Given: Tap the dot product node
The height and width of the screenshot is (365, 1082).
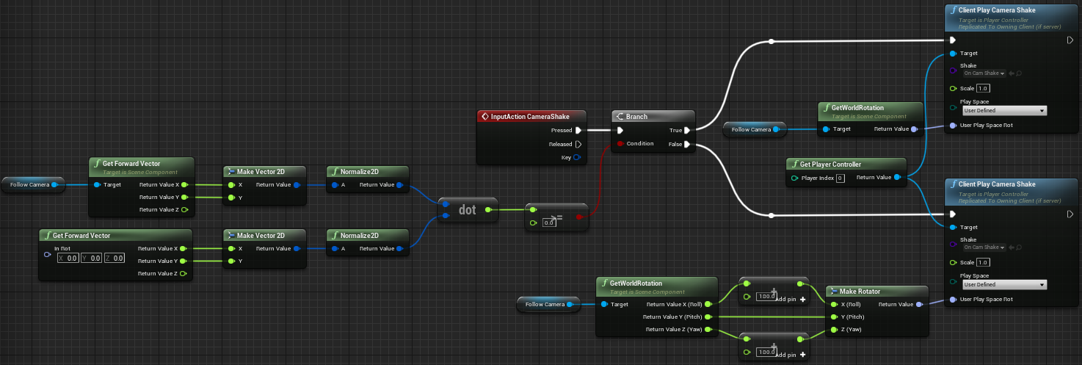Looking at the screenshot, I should point(468,209).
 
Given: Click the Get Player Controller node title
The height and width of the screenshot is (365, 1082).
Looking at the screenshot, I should point(836,164).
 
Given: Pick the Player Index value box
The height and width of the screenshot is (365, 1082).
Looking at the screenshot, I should point(840,178).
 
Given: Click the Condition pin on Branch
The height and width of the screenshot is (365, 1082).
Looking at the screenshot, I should point(621,144).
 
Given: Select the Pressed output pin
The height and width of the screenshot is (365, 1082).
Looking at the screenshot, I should point(578,131).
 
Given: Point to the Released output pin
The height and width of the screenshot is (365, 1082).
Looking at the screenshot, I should point(578,144).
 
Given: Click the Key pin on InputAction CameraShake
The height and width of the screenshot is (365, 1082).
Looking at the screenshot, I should point(577,157).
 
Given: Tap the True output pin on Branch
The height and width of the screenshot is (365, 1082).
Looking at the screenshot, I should point(686,131).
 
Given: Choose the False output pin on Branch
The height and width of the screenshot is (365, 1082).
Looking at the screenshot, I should point(686,144).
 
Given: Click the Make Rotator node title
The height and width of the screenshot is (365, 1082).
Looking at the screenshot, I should point(865,291).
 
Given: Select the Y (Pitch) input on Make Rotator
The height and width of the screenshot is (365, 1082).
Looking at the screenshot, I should point(832,317).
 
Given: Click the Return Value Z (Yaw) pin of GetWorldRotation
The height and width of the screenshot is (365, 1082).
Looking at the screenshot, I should point(708,330).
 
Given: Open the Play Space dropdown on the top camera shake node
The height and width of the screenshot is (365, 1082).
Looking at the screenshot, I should point(1003,111).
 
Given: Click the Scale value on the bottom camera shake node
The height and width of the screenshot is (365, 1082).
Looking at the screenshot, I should point(984,262).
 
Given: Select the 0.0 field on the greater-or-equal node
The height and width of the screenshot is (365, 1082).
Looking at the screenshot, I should point(548,222).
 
